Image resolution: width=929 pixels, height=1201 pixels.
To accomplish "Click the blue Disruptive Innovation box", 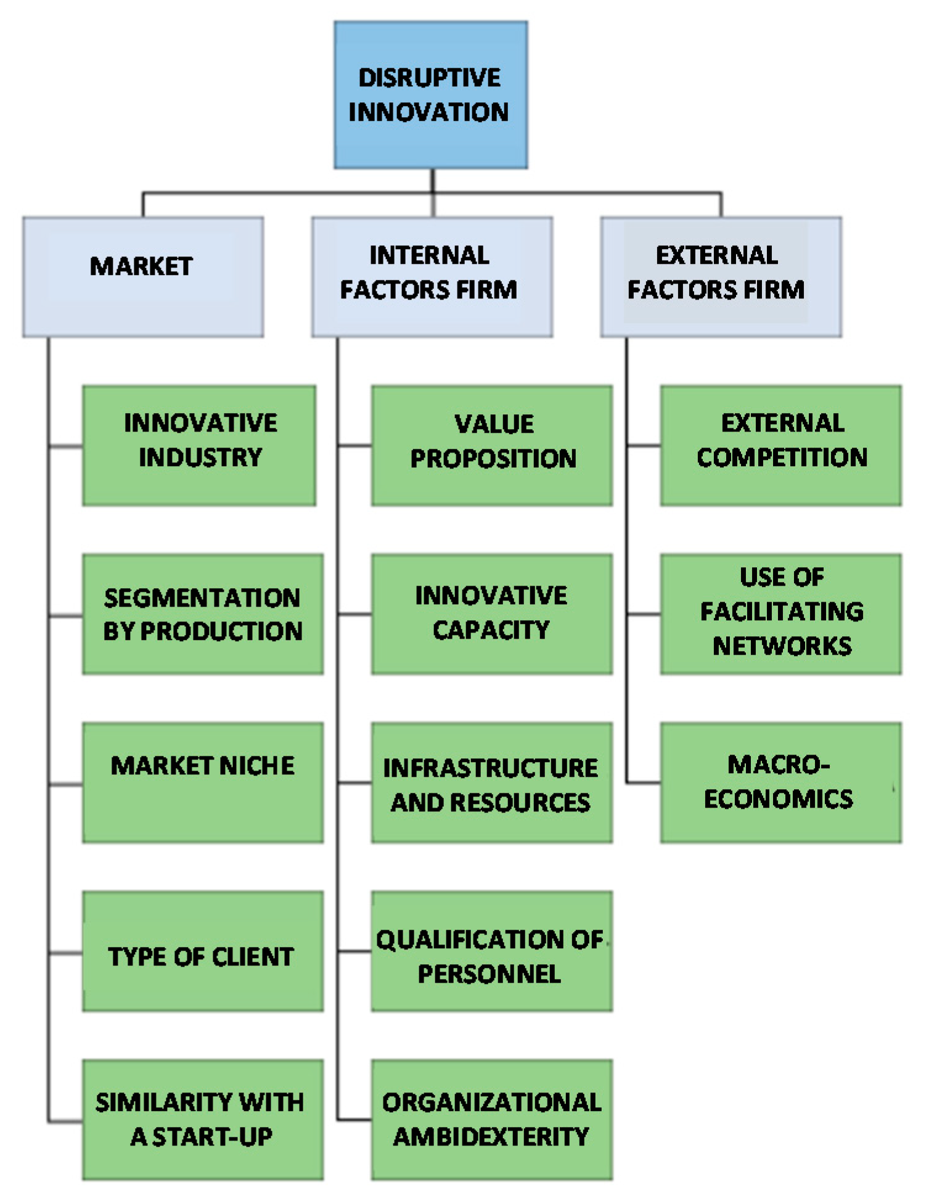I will click(x=430, y=95).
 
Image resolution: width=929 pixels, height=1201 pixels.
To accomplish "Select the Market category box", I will click(x=143, y=277).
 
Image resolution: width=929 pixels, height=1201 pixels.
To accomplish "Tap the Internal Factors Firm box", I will click(x=432, y=277).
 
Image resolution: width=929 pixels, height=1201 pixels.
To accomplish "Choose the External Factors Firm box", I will click(x=721, y=277).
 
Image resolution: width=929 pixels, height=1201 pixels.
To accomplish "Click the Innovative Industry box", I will click(x=199, y=445).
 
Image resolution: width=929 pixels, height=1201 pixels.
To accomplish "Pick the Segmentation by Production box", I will click(x=203, y=614).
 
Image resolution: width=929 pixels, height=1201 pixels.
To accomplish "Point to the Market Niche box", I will click(x=203, y=782).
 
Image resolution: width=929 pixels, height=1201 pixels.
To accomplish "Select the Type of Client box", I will click(x=203, y=951).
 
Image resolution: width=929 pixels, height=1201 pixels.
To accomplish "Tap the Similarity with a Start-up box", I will click(x=203, y=1120).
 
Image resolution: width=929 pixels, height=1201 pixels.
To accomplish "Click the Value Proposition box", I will click(x=491, y=445).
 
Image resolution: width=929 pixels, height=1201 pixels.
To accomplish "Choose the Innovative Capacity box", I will click(x=491, y=614).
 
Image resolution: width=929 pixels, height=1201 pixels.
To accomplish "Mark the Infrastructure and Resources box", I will click(x=491, y=782).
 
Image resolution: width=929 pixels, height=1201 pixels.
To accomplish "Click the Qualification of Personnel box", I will click(x=491, y=951).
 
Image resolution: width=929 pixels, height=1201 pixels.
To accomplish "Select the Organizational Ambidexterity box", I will click(x=491, y=1120).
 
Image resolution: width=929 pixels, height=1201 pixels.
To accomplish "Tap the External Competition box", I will click(x=780, y=445).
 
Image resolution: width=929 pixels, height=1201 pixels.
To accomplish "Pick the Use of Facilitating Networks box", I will click(x=780, y=614).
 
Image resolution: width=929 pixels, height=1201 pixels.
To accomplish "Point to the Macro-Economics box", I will click(x=780, y=782).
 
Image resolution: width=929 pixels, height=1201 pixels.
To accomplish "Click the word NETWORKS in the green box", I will click(x=782, y=646).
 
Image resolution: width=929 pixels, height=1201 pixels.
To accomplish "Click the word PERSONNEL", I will click(x=489, y=974).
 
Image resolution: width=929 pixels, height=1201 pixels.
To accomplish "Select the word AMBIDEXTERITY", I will click(x=491, y=1136).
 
